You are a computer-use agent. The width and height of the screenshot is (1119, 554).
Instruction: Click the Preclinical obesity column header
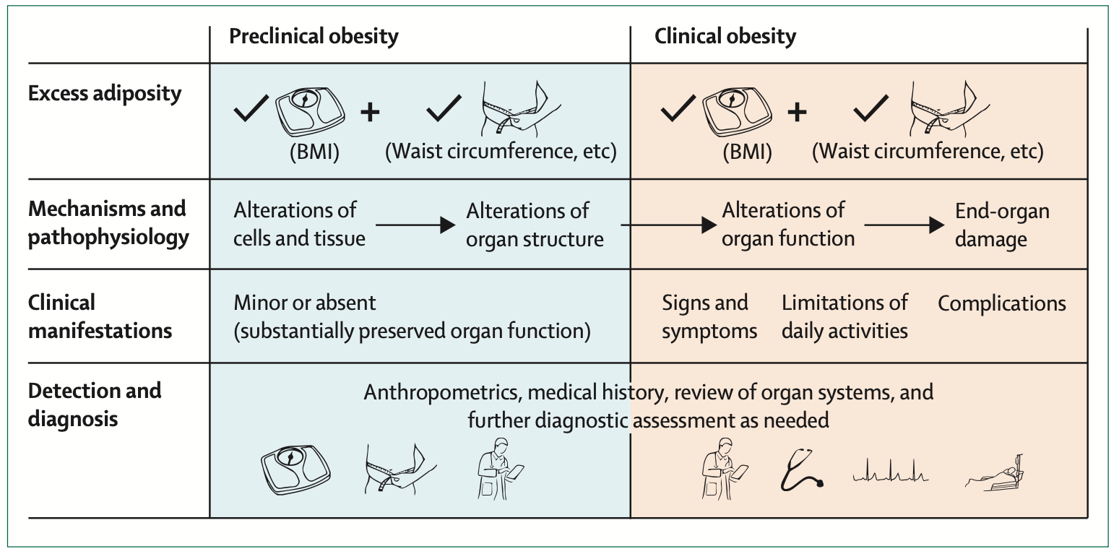[x=314, y=36]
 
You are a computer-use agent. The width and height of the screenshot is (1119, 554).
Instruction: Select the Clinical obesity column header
[x=725, y=36]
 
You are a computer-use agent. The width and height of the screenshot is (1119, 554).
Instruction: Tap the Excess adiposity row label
[x=105, y=93]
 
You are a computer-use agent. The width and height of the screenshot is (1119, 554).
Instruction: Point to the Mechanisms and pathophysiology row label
[x=108, y=222]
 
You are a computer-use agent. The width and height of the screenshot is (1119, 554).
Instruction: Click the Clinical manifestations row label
[x=100, y=316]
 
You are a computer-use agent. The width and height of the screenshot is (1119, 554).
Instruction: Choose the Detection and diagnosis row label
[x=95, y=404]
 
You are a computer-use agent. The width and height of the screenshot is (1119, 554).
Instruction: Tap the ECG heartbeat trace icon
[x=891, y=471]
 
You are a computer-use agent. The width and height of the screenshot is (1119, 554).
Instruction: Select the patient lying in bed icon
[x=994, y=474]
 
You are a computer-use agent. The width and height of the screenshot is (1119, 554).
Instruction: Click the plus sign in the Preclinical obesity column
[x=370, y=112]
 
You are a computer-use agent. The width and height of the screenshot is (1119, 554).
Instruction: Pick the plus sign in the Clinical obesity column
[x=797, y=112]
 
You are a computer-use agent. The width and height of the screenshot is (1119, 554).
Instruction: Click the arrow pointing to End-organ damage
[x=904, y=225]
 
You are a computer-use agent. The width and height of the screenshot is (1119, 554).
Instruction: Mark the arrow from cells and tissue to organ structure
[x=415, y=225]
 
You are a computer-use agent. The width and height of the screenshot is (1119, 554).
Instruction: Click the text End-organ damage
[x=1002, y=225]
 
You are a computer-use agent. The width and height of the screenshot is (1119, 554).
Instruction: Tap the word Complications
[x=1001, y=304]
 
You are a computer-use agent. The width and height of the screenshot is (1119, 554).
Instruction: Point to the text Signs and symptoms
[x=709, y=316]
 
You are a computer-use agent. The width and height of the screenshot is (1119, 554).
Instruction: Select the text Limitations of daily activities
[x=844, y=316]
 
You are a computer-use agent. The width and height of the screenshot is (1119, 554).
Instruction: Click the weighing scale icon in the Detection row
[x=295, y=471]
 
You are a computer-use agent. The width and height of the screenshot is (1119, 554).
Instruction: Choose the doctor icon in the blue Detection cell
[x=500, y=469]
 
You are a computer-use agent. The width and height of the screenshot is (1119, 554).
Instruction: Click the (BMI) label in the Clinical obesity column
[x=748, y=152]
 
